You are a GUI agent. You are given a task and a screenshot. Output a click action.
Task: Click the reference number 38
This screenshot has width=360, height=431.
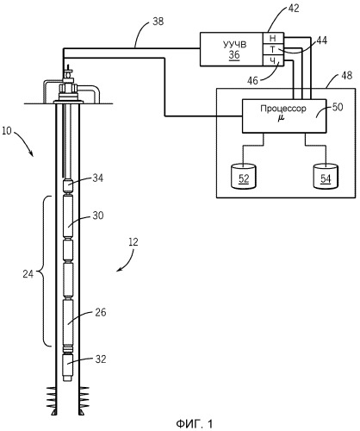click(x=158, y=22)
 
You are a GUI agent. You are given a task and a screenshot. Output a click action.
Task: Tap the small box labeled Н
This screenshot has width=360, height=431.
click(x=274, y=39)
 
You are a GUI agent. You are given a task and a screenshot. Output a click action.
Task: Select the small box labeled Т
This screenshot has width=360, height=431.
click(x=274, y=50)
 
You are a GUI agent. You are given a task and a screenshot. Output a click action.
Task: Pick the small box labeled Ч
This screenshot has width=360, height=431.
click(x=274, y=60)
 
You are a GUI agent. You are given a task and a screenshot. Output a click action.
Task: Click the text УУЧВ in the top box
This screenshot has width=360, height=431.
click(x=234, y=45)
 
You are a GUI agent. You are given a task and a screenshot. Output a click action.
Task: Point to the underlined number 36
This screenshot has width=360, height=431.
click(x=234, y=54)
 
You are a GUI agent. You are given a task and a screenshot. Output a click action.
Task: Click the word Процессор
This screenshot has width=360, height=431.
click(x=283, y=109)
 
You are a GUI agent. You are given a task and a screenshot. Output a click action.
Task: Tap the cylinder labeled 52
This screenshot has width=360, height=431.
click(x=244, y=176)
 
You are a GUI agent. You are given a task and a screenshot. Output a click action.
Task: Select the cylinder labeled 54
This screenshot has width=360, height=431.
click(x=326, y=176)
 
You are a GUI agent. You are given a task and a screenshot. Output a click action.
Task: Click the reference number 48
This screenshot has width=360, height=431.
click(x=346, y=75)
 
